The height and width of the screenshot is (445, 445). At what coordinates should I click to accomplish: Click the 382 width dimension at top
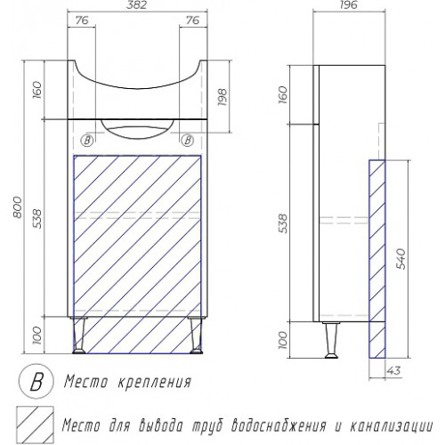click(x=137, y=5)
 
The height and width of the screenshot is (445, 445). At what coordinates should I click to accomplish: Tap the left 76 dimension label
click(x=82, y=20)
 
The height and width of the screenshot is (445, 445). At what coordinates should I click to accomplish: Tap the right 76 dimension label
click(x=193, y=20)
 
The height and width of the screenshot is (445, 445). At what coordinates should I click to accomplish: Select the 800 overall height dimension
click(x=18, y=207)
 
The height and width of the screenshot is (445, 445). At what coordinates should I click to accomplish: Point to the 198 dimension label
click(x=222, y=97)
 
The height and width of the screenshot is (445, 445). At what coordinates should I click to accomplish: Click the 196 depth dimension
click(x=349, y=5)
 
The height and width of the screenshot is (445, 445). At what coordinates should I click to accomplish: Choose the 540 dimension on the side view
click(x=400, y=259)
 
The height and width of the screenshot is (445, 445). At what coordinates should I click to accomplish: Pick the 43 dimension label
click(x=394, y=370)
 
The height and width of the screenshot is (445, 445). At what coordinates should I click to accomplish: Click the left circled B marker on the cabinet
click(x=87, y=140)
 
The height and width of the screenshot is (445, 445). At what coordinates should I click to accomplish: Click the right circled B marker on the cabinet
click(x=188, y=140)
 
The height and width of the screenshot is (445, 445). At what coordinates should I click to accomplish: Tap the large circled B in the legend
click(x=36, y=382)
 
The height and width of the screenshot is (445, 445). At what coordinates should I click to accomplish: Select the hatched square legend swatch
click(x=35, y=425)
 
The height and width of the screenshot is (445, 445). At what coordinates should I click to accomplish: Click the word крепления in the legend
click(x=154, y=382)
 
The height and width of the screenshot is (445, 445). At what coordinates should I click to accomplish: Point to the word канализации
click(x=392, y=426)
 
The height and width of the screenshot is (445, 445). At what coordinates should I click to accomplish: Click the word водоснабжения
click(x=279, y=426)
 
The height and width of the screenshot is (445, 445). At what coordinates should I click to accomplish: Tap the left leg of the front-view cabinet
click(x=80, y=336)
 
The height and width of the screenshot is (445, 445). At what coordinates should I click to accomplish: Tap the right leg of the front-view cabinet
click(x=196, y=336)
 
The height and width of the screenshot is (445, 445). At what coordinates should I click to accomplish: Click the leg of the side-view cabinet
click(x=330, y=340)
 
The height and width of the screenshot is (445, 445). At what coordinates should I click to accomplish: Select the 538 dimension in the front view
click(x=37, y=219)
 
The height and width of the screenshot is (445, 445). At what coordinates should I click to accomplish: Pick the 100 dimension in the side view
click(x=284, y=340)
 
